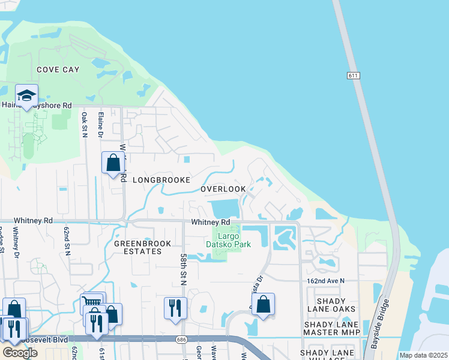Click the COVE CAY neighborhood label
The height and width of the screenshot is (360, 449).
pos(58,70)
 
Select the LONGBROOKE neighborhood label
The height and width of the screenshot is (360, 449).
pos(161,180)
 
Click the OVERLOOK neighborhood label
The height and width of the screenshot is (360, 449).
pos(223,189)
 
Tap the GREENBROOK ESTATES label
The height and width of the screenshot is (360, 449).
pos(143,247)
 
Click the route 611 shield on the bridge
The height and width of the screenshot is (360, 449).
pos(353,75)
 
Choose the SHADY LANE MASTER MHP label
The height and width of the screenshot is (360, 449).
pos(331,328)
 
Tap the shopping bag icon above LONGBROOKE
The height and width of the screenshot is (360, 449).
pos(113,162)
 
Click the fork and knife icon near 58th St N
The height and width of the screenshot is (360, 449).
pos(175,307)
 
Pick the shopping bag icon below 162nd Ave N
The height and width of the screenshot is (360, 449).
pos(263,304)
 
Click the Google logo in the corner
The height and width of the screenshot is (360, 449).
pos(19,353)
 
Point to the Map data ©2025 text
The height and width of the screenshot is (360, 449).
pos(423,355)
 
